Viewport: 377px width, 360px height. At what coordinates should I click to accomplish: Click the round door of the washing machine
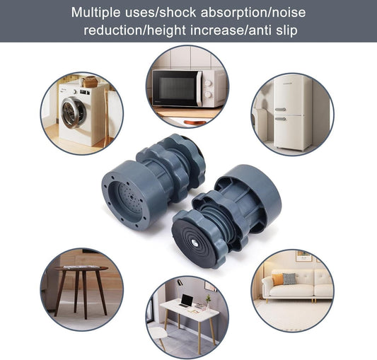point(73,113)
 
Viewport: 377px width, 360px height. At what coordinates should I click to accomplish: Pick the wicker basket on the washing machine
point(90,82)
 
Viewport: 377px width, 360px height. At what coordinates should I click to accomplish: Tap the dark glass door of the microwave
point(176,88)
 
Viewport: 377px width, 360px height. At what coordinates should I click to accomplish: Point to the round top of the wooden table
point(81,269)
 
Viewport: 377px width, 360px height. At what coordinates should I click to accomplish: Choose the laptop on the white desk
point(186,300)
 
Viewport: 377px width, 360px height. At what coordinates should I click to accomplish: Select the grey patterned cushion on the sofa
point(289,279)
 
